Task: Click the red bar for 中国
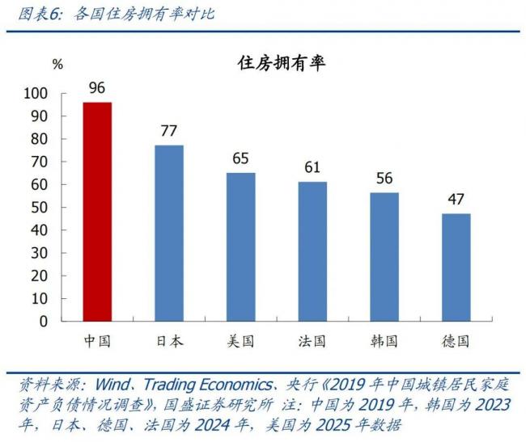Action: (97, 212)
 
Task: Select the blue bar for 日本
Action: (169, 233)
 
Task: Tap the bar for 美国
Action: (240, 246)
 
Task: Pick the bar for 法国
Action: (312, 251)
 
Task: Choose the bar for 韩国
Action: (384, 257)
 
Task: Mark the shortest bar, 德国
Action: (456, 267)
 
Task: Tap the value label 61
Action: (312, 167)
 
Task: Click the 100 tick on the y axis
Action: (59, 94)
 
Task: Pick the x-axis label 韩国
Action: (384, 341)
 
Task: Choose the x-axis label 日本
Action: (169, 341)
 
